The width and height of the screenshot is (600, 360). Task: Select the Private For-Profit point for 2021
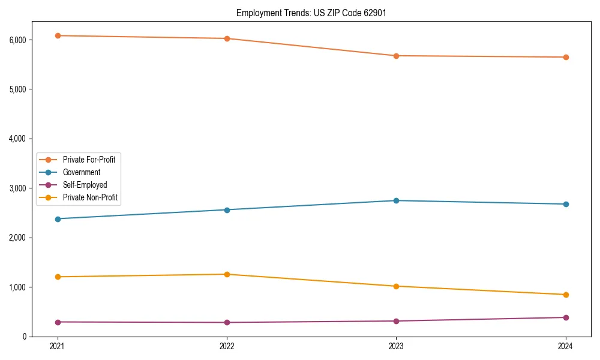click(58, 36)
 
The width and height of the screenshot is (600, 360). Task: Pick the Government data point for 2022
click(227, 210)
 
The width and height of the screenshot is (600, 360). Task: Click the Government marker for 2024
click(566, 204)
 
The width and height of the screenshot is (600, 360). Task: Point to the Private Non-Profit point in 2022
click(227, 274)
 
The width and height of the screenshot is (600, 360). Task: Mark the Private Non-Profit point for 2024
click(566, 295)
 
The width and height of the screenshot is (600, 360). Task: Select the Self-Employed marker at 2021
click(58, 322)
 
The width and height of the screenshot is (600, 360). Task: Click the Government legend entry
click(81, 172)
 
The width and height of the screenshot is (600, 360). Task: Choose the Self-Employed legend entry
click(85, 185)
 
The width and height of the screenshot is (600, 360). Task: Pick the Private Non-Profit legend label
click(90, 197)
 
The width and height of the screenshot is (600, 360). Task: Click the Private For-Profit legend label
click(89, 160)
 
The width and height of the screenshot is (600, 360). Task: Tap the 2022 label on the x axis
click(227, 346)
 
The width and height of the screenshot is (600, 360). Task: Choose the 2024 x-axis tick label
click(566, 346)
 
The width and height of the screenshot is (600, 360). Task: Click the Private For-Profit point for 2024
click(566, 57)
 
